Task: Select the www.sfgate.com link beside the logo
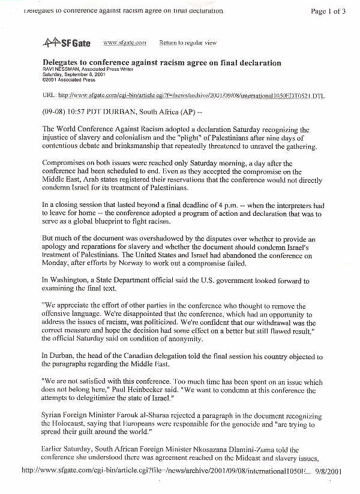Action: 125,43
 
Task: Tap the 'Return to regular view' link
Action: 188,43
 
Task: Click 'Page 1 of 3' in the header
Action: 331,11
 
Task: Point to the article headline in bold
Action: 162,62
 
